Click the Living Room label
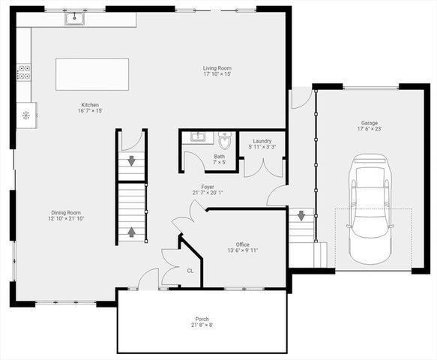click(217, 68)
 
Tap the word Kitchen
click(90, 104)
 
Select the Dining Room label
click(66, 212)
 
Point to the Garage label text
click(369, 121)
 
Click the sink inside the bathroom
click(197, 137)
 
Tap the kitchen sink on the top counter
click(74, 19)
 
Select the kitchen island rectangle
click(92, 74)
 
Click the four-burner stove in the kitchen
click(24, 73)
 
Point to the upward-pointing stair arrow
click(132, 232)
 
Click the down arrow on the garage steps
click(301, 216)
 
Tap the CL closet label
click(190, 271)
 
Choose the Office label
click(242, 244)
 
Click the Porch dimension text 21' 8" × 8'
click(202, 325)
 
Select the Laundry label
click(262, 141)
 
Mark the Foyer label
click(208, 187)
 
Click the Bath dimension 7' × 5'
click(219, 162)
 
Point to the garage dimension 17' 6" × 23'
click(369, 128)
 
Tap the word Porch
click(202, 319)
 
